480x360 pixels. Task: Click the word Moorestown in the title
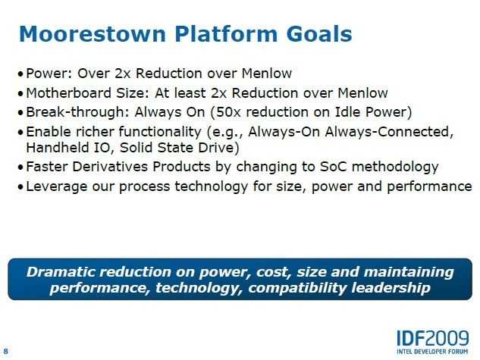point(93,33)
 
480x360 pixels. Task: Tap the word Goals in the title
point(319,33)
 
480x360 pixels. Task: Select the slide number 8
point(6,351)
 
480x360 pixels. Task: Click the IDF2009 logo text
point(433,338)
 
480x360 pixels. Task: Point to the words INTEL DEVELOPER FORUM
point(432,352)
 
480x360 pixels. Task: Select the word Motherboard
point(68,92)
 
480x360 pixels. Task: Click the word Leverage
point(57,186)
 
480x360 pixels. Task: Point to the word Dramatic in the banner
point(61,272)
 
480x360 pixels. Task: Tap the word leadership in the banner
point(391,288)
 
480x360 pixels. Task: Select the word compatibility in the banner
point(297,288)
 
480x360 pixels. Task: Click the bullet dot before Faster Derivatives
point(20,167)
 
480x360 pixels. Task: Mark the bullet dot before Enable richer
point(20,133)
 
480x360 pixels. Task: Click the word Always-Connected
point(389,132)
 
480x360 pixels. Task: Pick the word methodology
point(395,167)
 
